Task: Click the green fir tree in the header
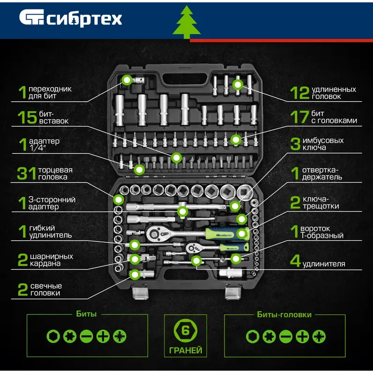pyautogui.click(x=186, y=22)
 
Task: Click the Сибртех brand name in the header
pyautogui.click(x=84, y=19)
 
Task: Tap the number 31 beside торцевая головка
pyautogui.click(x=26, y=173)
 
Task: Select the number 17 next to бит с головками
pyautogui.click(x=299, y=117)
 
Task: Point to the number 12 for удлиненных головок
pyautogui.click(x=299, y=93)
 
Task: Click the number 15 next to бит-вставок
pyautogui.click(x=27, y=117)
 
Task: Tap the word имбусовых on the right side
pyautogui.click(x=323, y=141)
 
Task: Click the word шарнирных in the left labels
pyautogui.click(x=52, y=256)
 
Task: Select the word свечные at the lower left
pyautogui.click(x=46, y=286)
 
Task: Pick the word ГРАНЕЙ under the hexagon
pyautogui.click(x=186, y=350)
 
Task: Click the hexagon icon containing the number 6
pyautogui.click(x=185, y=330)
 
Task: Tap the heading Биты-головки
pyautogui.click(x=284, y=314)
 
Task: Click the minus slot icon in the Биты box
pyautogui.click(x=86, y=336)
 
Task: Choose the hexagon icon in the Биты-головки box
pyautogui.click(x=253, y=336)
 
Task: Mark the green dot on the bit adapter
pyautogui.click(x=127, y=80)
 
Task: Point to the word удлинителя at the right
pyautogui.click(x=324, y=264)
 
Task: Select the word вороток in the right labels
pyautogui.click(x=315, y=229)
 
